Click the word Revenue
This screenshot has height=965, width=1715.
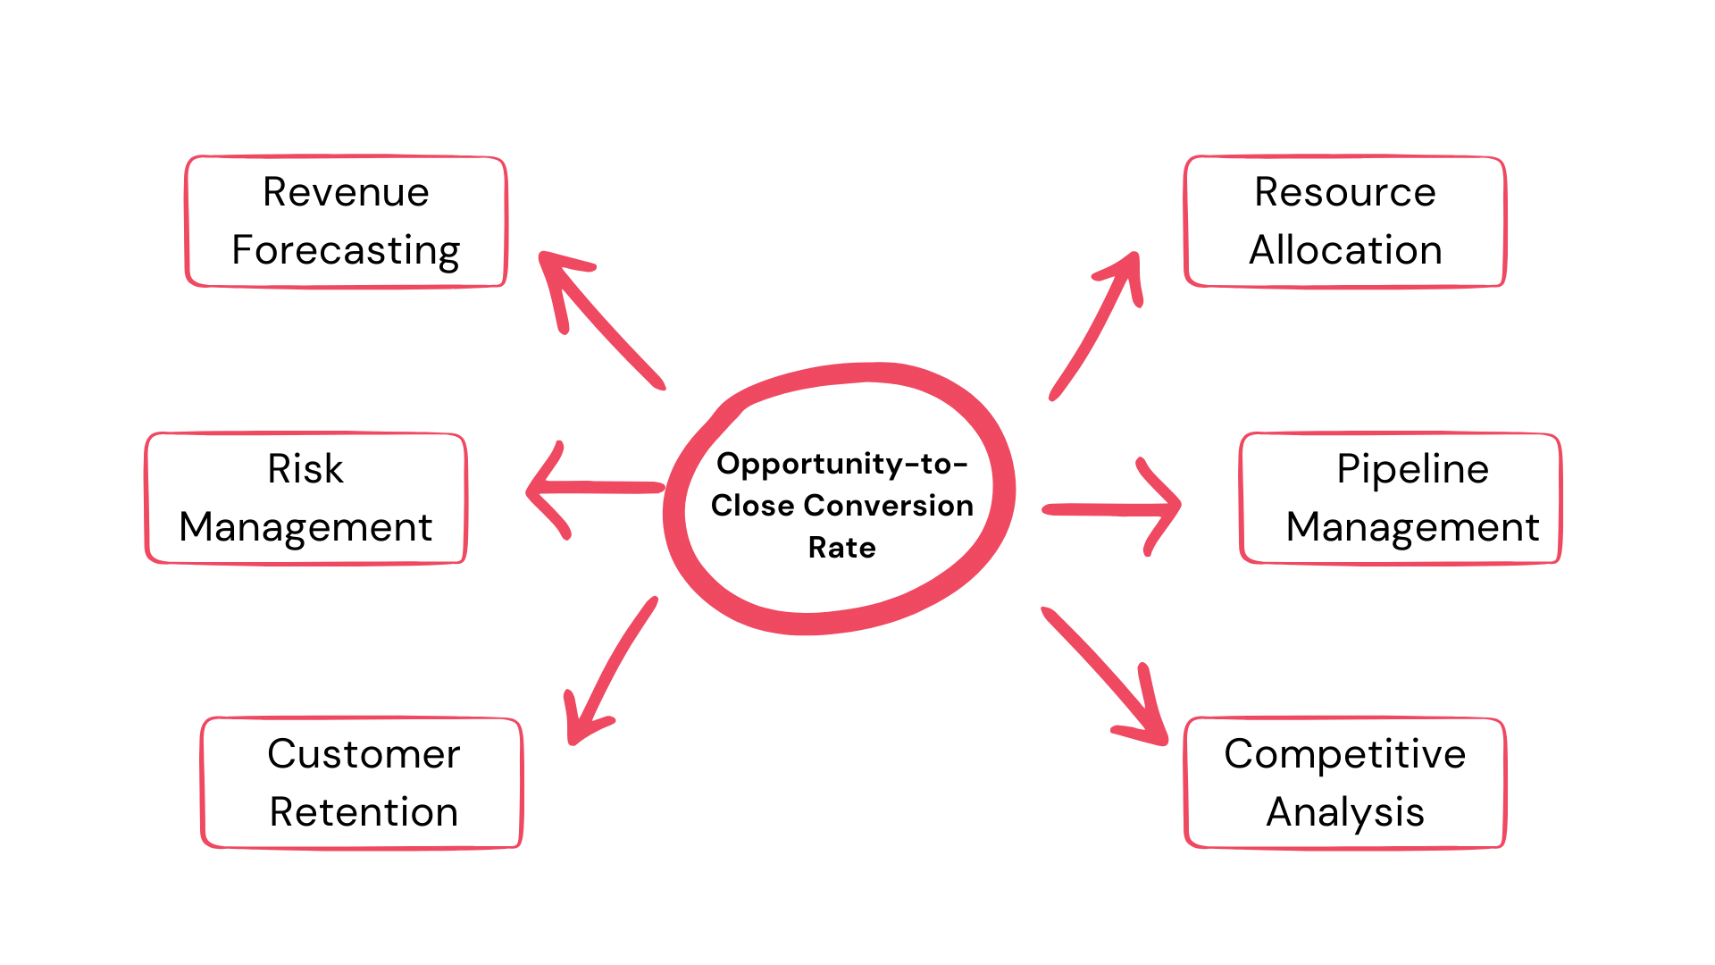[x=346, y=192]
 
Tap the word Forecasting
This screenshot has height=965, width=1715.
[x=346, y=251]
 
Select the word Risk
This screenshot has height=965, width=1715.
[x=305, y=469]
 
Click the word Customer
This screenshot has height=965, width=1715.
[x=364, y=754]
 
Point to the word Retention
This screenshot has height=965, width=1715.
[x=364, y=812]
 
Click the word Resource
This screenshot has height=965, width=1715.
[x=1344, y=192]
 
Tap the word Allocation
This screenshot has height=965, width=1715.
[x=1344, y=250]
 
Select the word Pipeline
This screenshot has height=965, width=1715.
[x=1412, y=469]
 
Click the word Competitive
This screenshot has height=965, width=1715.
[x=1344, y=754]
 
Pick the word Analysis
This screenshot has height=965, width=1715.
[x=1344, y=812]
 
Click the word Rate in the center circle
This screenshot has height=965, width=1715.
[x=841, y=548]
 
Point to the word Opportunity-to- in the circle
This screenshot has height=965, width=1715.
[x=841, y=464]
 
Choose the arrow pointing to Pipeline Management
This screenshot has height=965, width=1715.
[x=1112, y=509]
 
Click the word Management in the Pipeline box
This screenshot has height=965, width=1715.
[x=1412, y=527]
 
